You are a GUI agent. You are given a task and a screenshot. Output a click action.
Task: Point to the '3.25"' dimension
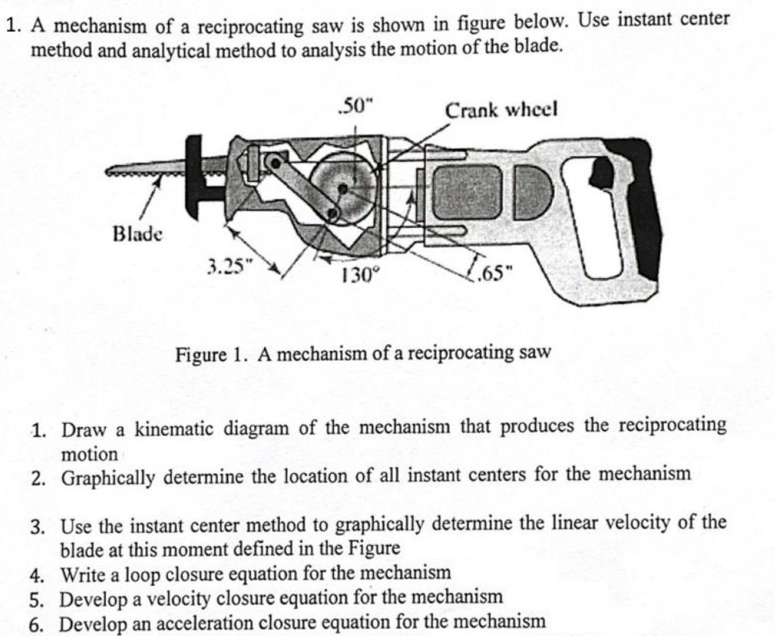click(227, 266)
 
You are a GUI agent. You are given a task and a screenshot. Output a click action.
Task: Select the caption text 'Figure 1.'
click(205, 354)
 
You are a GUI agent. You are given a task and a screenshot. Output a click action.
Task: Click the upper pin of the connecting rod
click(277, 161)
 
